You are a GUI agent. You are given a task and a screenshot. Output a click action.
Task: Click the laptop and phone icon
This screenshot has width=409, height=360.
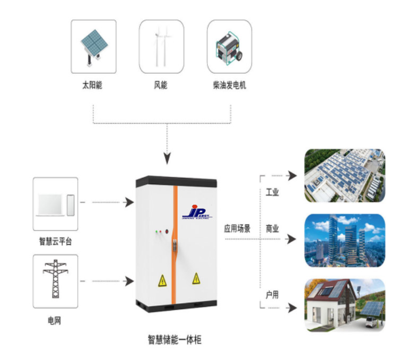tap(55, 204)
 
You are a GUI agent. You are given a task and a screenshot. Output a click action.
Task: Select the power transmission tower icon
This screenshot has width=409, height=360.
tap(55, 280)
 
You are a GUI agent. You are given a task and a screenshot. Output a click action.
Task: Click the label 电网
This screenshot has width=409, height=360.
tap(55, 321)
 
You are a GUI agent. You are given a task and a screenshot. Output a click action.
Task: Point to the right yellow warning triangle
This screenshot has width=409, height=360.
tap(196, 278)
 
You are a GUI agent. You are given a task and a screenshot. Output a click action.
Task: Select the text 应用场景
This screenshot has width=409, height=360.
tap(237, 229)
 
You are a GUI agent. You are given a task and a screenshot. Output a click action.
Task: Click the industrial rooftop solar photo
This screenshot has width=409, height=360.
tap(344, 175)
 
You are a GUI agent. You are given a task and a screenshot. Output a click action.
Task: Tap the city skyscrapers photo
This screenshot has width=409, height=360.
tap(344, 241)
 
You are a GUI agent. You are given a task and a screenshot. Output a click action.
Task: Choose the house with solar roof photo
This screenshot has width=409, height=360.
tap(344, 306)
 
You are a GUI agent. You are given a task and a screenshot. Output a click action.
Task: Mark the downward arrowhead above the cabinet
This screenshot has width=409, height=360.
tap(167, 158)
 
